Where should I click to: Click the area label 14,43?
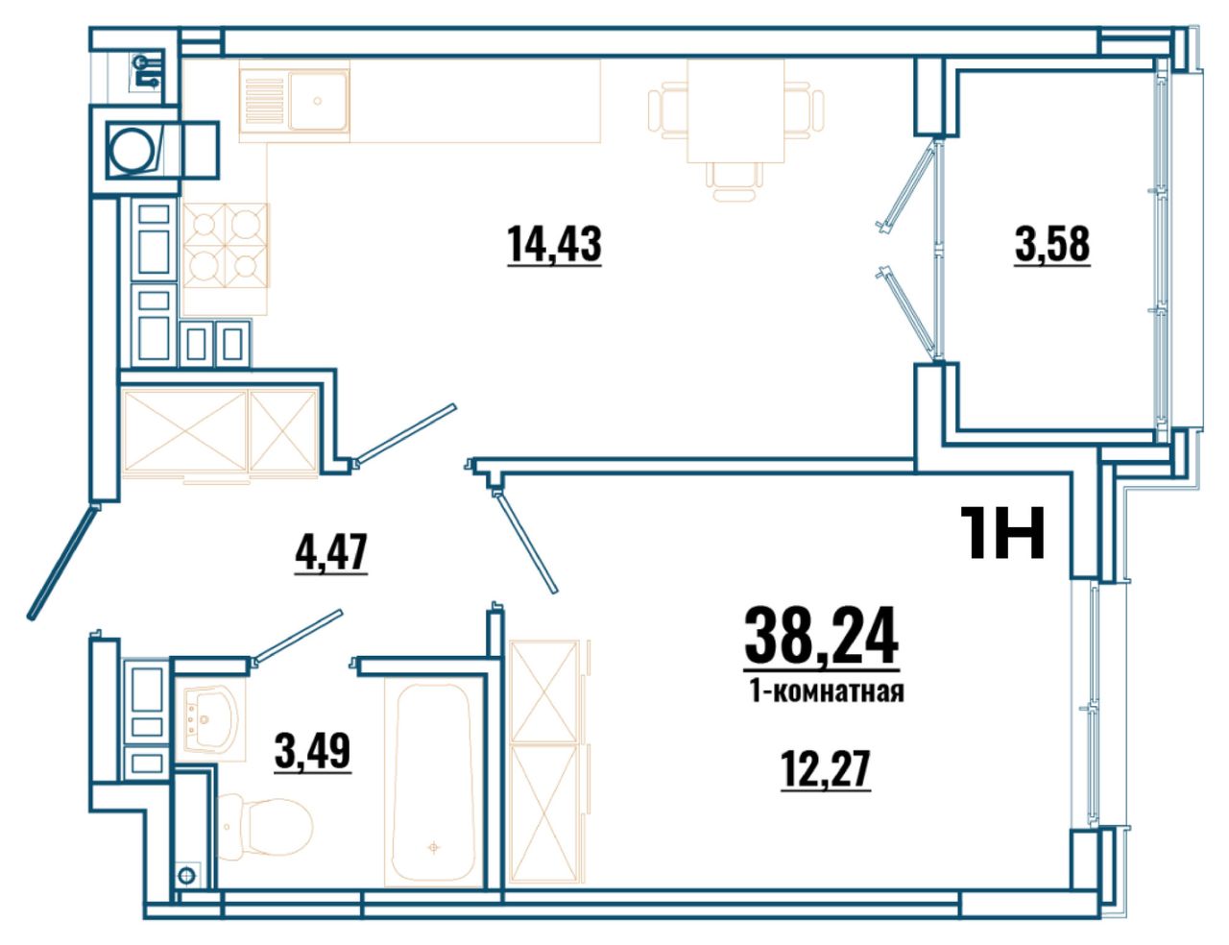[554, 244]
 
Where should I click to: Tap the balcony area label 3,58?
[1052, 244]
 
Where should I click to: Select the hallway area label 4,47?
[331, 552]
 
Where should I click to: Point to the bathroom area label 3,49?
[313, 750]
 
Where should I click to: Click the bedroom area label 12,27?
[825, 768]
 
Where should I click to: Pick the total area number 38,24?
[821, 637]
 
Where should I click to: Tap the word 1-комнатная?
[827, 692]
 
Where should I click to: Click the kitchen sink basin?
[318, 101]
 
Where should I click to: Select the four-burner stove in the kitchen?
[226, 245]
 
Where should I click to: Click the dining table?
[735, 110]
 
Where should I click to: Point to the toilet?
[265, 827]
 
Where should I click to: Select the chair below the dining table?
[735, 182]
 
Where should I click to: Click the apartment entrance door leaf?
[61, 562]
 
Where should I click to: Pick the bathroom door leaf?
[298, 637]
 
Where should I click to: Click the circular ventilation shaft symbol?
[133, 150]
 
